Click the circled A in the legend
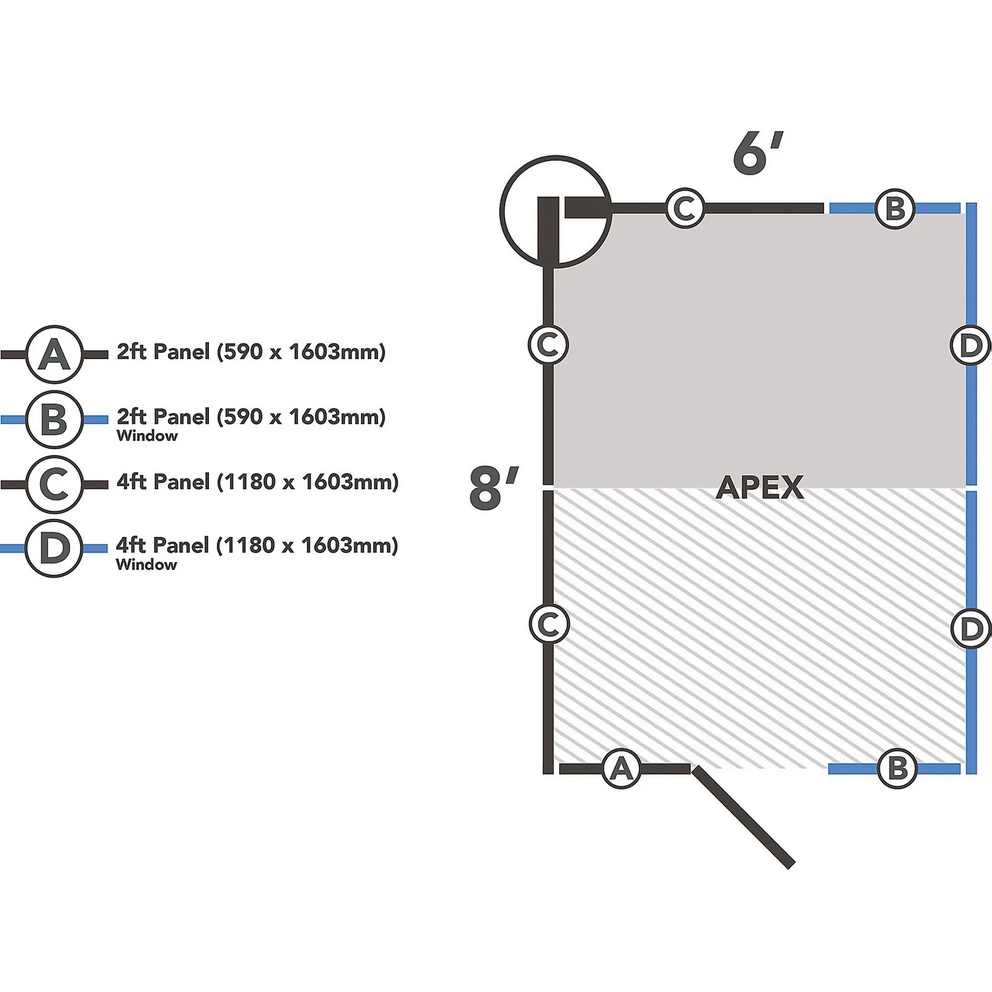pos(54,354)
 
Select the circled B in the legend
pos(54,419)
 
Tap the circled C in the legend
pos(54,484)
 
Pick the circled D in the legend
pos(54,548)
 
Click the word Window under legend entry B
pos(147,436)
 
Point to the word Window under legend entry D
pos(146,565)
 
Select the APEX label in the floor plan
pos(759,488)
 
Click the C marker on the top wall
pos(684,208)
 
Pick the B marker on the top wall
pos(895,208)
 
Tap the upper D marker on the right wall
pos(970,345)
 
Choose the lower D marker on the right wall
pos(971,628)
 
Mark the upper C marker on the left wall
pos(548,345)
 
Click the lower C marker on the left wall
pos(549,624)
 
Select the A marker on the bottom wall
pos(622,768)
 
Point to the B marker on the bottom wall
pos(897,768)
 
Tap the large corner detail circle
pos(556,212)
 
